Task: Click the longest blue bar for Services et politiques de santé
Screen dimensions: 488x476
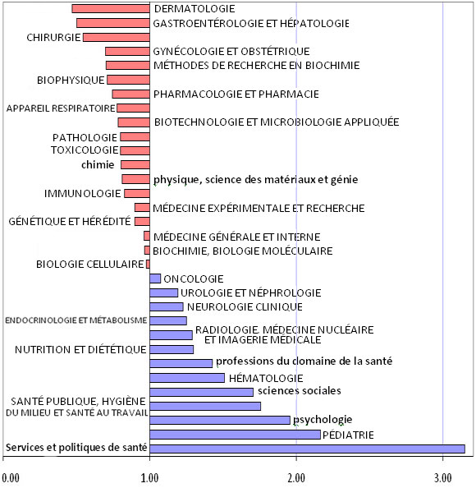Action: tap(307, 449)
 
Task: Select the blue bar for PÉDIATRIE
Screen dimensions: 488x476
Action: tap(235, 434)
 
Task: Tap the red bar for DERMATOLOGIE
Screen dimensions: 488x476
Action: tap(110, 8)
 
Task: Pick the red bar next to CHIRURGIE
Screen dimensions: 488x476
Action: tap(116, 37)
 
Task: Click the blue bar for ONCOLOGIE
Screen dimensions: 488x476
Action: tap(155, 279)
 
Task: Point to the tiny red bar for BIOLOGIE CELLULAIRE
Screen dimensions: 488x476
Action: tap(148, 265)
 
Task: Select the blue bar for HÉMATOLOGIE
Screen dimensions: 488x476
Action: tap(186, 378)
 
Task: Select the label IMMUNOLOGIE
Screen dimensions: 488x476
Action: tap(82, 194)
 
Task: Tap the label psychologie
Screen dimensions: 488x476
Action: tap(323, 419)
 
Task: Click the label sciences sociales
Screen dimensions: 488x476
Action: tap(299, 391)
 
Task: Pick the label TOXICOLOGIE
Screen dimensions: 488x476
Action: tap(85, 150)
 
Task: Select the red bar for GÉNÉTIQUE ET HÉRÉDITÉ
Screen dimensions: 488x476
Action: tap(142, 222)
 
